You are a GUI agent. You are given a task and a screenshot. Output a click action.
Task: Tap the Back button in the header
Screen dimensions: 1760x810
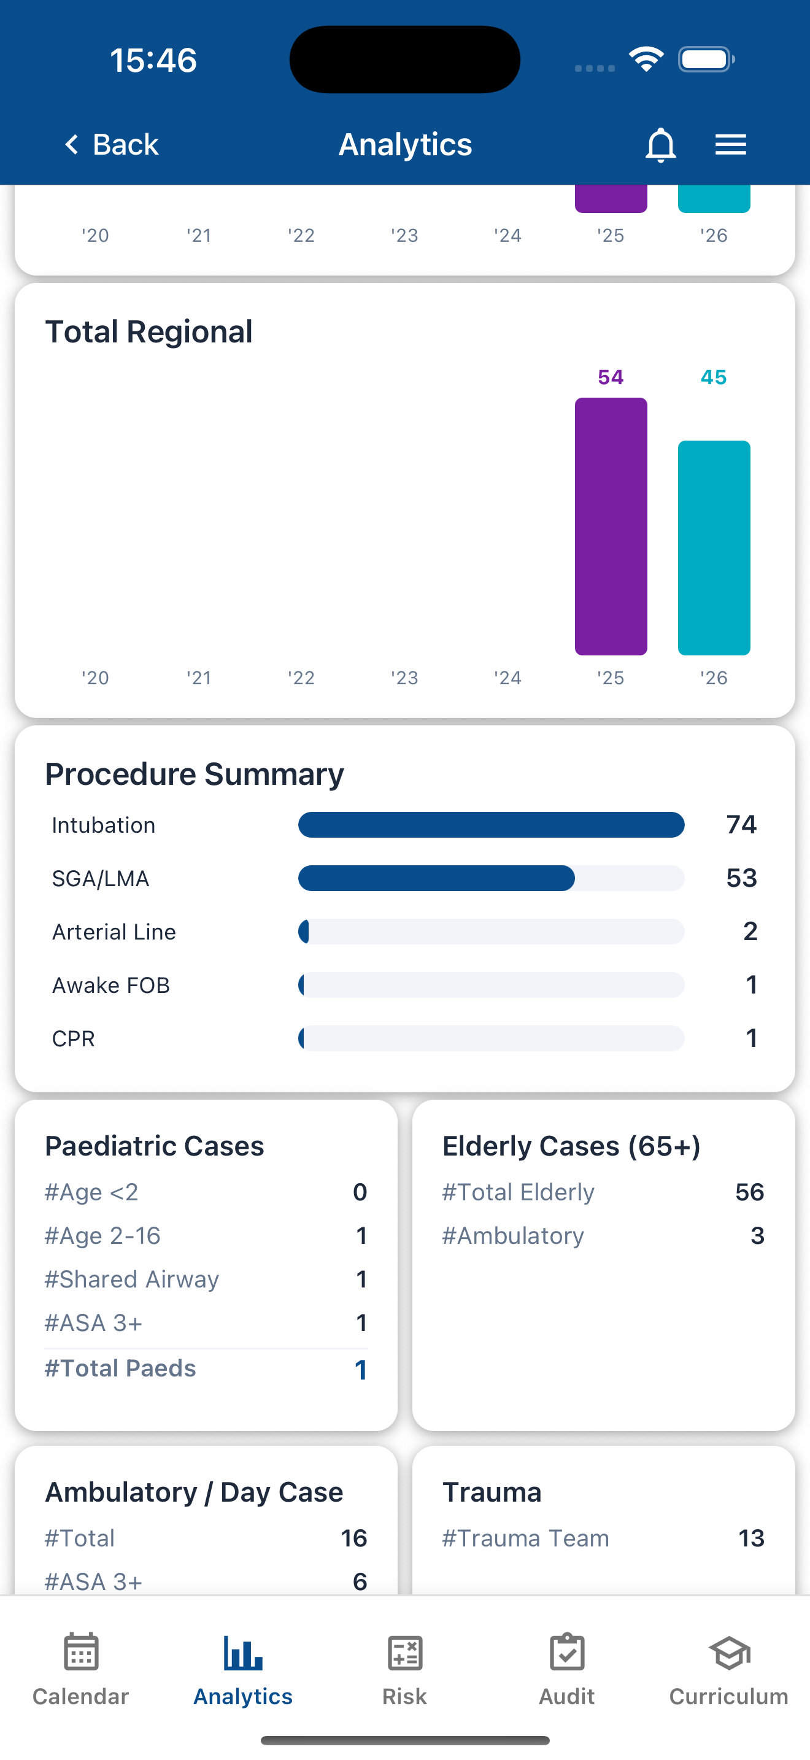pos(111,145)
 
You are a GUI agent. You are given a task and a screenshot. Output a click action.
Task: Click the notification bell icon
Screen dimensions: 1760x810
pos(660,145)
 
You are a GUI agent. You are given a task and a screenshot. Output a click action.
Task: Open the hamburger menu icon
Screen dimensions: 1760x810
pos(730,145)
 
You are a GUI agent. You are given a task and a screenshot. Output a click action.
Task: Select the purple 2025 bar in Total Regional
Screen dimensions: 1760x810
pos(611,526)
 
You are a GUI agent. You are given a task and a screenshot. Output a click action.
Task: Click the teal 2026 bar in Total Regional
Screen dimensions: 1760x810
pos(714,547)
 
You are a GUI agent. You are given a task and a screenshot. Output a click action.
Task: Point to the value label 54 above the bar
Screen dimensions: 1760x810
pos(611,377)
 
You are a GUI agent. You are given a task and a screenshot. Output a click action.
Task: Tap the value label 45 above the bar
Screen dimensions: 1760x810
pos(714,377)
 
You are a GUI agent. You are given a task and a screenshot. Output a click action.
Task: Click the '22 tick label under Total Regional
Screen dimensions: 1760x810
pos(301,677)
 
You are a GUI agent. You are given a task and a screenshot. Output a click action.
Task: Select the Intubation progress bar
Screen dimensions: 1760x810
pos(491,825)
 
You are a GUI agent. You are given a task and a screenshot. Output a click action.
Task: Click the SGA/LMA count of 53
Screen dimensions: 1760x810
pos(741,878)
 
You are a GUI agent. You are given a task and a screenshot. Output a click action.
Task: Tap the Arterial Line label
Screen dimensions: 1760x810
pos(114,932)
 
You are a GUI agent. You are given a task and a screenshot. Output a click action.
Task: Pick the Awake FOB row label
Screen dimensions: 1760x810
pos(110,985)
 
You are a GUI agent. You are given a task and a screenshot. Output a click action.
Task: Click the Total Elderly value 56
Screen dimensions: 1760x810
pos(749,1192)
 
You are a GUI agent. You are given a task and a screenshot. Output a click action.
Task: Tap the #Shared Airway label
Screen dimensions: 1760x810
pos(132,1279)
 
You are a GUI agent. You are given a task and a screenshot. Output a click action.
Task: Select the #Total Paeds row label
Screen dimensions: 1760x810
pos(120,1368)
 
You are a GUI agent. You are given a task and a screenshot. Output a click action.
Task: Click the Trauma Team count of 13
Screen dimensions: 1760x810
pos(750,1538)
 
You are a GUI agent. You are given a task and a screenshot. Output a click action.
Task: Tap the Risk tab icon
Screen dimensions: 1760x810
pos(404,1653)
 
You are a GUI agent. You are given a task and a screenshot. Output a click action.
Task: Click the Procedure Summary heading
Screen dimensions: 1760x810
pos(195,774)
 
